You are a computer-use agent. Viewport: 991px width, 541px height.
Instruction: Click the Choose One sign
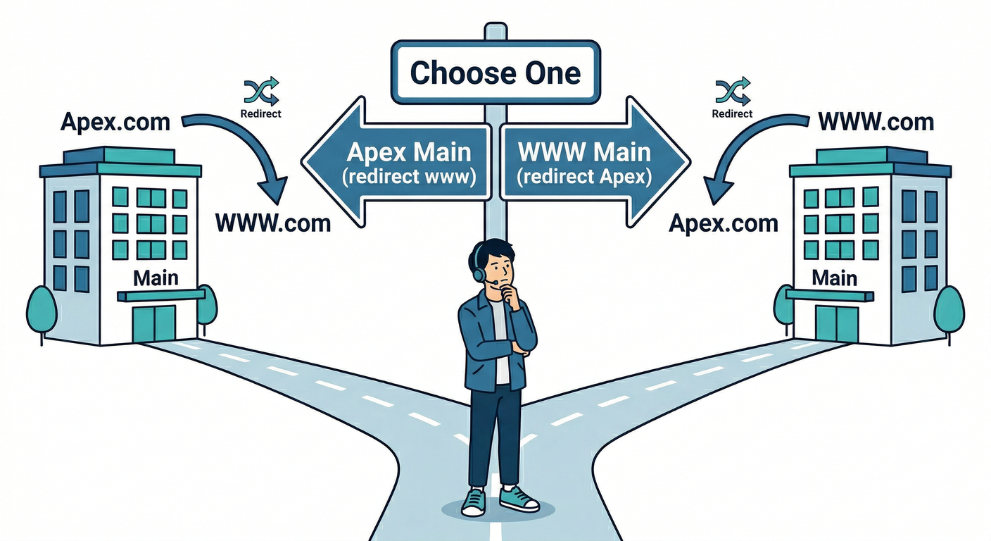(x=495, y=73)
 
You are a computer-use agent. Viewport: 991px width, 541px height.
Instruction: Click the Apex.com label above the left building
(x=115, y=122)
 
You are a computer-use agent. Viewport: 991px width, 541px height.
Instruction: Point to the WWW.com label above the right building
(x=876, y=122)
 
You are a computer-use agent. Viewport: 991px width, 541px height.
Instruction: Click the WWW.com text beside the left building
(x=272, y=223)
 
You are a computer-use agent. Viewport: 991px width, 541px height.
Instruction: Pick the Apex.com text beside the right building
(x=723, y=223)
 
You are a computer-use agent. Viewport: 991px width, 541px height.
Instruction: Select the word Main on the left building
(x=156, y=278)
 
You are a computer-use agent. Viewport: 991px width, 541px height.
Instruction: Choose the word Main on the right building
(x=835, y=278)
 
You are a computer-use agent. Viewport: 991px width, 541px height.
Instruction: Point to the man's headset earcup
(x=480, y=271)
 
